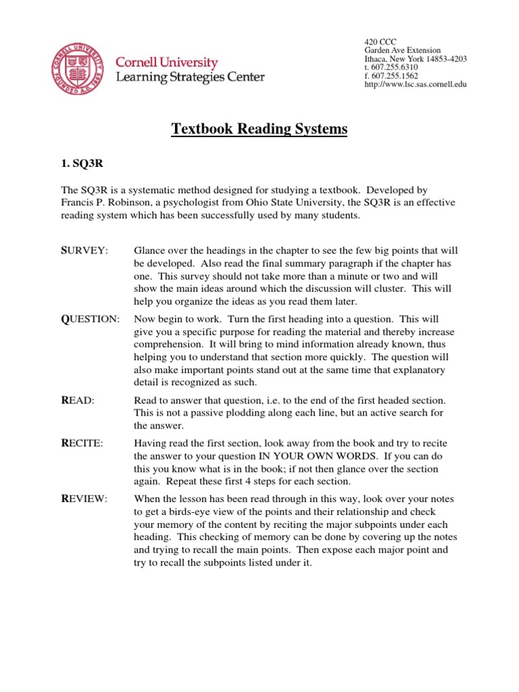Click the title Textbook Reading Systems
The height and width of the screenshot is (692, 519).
tap(259, 128)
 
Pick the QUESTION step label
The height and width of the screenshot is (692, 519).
tap(90, 318)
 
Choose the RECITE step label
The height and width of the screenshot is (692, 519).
tap(82, 443)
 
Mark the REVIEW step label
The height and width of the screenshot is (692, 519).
tap(84, 499)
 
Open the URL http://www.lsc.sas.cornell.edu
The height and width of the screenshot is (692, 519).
tap(416, 84)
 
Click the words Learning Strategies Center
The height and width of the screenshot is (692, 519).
tap(191, 78)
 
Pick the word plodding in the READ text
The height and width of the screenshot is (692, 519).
tap(243, 413)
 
